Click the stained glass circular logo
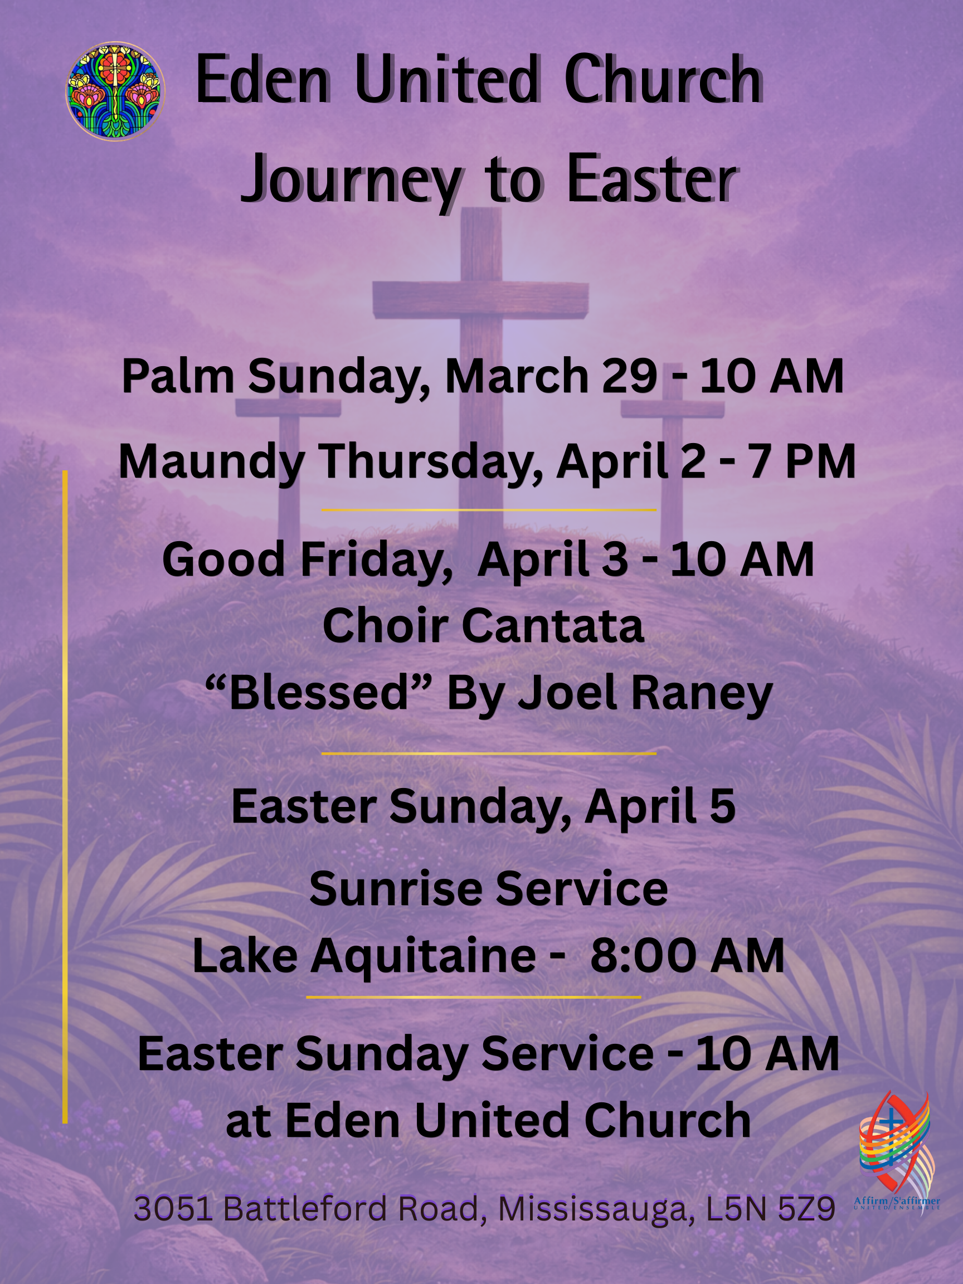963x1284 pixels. [115, 91]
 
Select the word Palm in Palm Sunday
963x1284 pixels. [178, 377]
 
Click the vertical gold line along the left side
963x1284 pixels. [65, 797]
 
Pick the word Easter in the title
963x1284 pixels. [652, 179]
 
